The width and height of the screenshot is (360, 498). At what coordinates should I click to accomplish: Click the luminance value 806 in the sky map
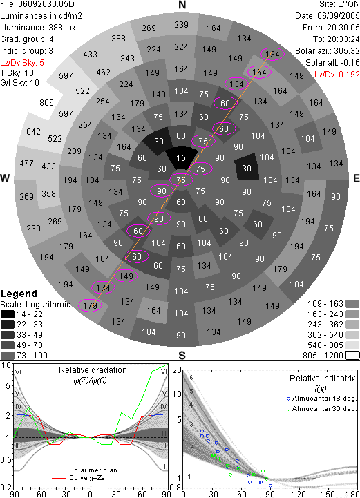pos(46,103)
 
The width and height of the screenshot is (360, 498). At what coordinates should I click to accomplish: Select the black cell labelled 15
pos(181,158)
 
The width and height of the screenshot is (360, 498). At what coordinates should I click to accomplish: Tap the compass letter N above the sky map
pos(182,5)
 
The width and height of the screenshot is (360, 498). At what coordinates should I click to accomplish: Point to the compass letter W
pos(5,178)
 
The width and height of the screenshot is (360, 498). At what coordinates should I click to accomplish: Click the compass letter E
pos(356,178)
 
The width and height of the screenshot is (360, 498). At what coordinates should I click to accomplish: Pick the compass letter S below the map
pos(182,355)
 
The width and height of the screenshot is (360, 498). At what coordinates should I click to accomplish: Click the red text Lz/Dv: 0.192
pos(337,75)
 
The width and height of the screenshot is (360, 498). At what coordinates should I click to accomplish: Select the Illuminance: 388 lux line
pos(38,28)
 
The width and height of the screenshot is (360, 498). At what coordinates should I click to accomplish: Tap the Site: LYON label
pos(339,4)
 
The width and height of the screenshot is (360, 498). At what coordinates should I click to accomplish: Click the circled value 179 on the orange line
pos(90,305)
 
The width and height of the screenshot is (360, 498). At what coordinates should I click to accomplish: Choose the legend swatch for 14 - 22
pos(8,314)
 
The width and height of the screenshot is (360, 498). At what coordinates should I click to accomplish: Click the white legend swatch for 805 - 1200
pos(352,355)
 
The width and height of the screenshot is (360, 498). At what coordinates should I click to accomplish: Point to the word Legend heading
pos(19,294)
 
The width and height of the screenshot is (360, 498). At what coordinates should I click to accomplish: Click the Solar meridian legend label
pos(93,470)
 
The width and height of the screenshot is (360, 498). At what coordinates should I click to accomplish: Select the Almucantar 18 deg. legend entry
pos(324,399)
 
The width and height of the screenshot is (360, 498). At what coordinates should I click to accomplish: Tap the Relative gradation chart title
pos(93,370)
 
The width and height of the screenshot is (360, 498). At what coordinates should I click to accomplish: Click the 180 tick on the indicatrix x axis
pos(352,494)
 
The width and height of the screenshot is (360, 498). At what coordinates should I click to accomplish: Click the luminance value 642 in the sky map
pos(33,131)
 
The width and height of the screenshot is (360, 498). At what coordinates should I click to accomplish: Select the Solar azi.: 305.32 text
pos(328,51)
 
